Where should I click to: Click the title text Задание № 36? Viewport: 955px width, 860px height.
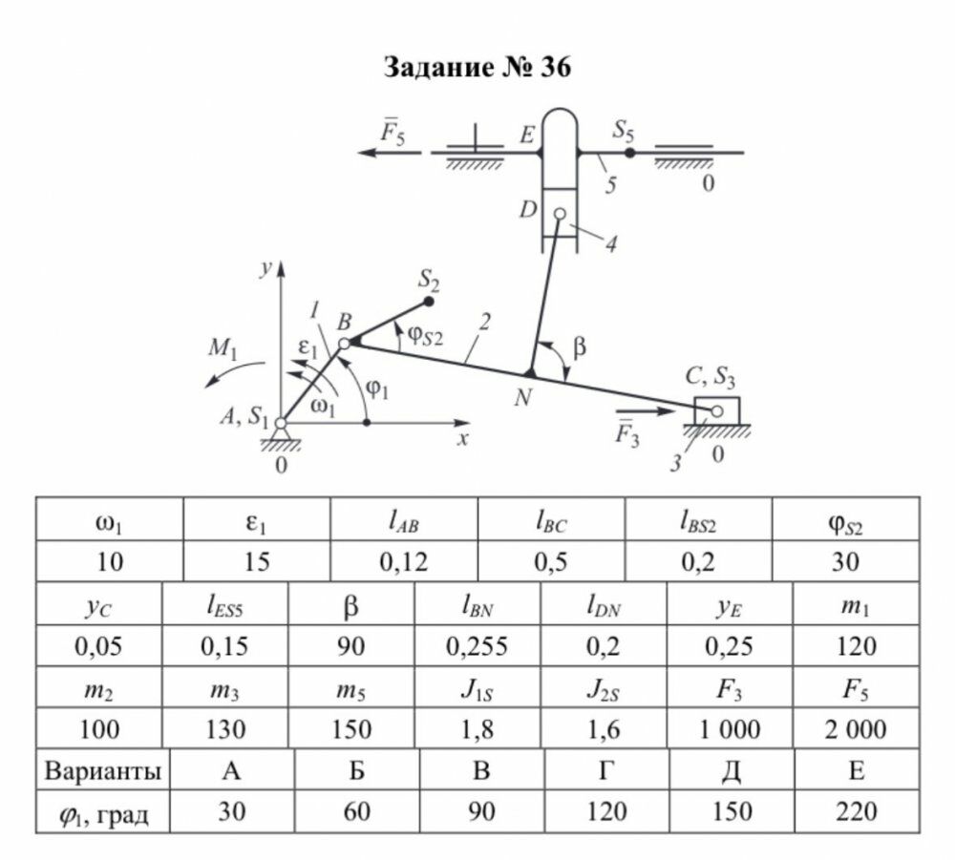pos(477,68)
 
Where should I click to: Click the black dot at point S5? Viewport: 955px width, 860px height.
pos(629,152)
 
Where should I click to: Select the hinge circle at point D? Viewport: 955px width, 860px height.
pos(560,214)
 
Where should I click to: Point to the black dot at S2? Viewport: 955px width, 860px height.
pos(429,302)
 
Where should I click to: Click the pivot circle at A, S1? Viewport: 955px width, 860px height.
pos(281,423)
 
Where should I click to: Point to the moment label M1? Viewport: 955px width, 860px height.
pos(223,347)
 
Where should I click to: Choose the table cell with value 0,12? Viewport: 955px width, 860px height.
pos(403,562)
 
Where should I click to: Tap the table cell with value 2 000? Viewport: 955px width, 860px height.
pos(855,730)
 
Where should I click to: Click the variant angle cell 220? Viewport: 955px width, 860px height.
pos(857,812)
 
